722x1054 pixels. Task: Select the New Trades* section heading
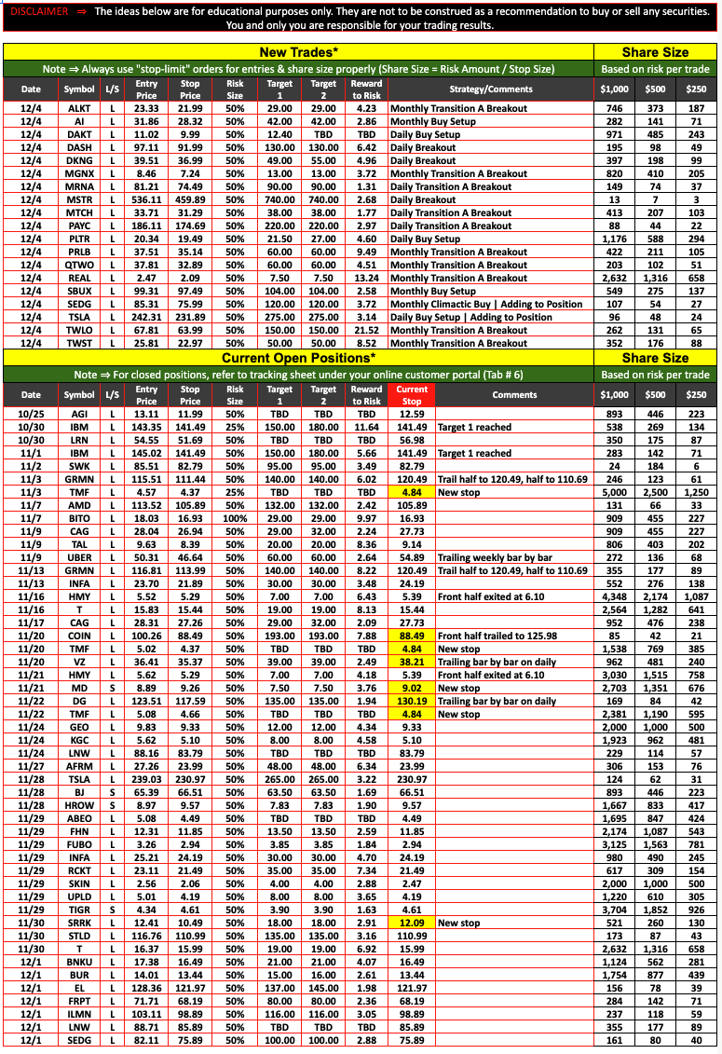click(x=298, y=52)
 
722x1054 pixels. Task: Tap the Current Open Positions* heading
click(x=298, y=358)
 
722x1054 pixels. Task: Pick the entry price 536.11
click(x=146, y=199)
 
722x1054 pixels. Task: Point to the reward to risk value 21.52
click(x=366, y=330)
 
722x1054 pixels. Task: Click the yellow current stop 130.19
click(x=412, y=701)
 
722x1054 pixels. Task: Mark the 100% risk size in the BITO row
click(x=235, y=518)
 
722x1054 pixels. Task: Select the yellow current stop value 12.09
click(x=412, y=923)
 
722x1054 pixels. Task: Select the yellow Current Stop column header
click(x=412, y=395)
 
